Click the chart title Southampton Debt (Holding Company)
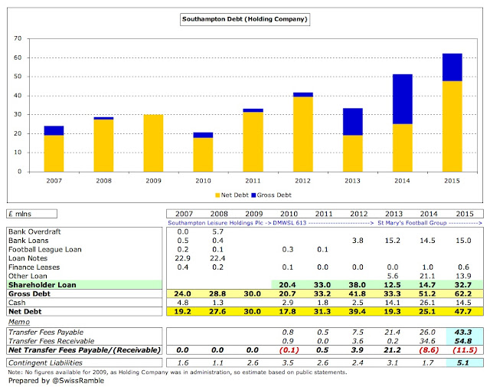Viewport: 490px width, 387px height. coord(245,18)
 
